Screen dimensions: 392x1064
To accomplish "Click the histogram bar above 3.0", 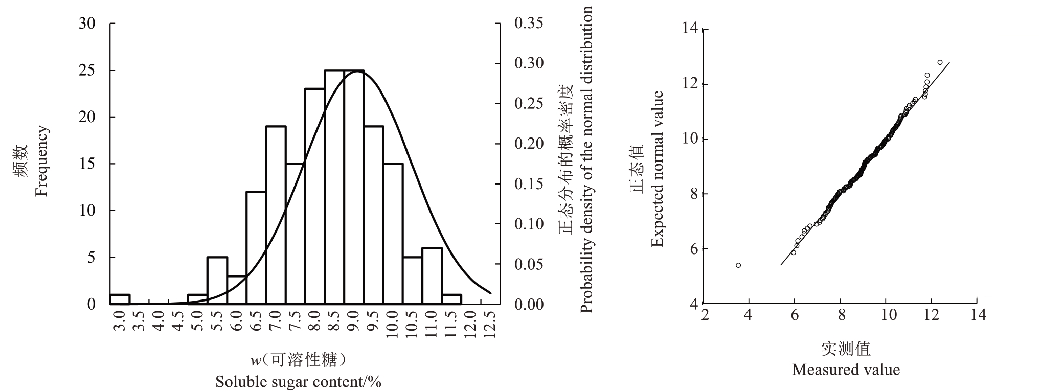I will (x=120, y=299).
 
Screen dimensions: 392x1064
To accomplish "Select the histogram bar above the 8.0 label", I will (x=315, y=196).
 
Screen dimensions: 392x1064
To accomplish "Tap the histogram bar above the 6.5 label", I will (x=256, y=248).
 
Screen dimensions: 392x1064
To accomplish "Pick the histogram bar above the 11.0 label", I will (x=432, y=276).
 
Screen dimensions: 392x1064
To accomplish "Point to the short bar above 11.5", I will (x=452, y=299).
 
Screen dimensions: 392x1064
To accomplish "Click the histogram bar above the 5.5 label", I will (x=217, y=281).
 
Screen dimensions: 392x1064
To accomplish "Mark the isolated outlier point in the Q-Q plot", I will (x=738, y=265).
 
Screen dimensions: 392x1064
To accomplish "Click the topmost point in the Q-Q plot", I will (x=940, y=62).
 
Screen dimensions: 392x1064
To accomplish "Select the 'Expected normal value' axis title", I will (x=658, y=169).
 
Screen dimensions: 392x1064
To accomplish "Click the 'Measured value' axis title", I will (x=846, y=370).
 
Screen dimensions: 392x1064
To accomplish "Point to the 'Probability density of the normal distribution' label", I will (x=586, y=159).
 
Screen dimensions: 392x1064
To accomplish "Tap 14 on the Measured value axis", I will (x=978, y=314).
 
